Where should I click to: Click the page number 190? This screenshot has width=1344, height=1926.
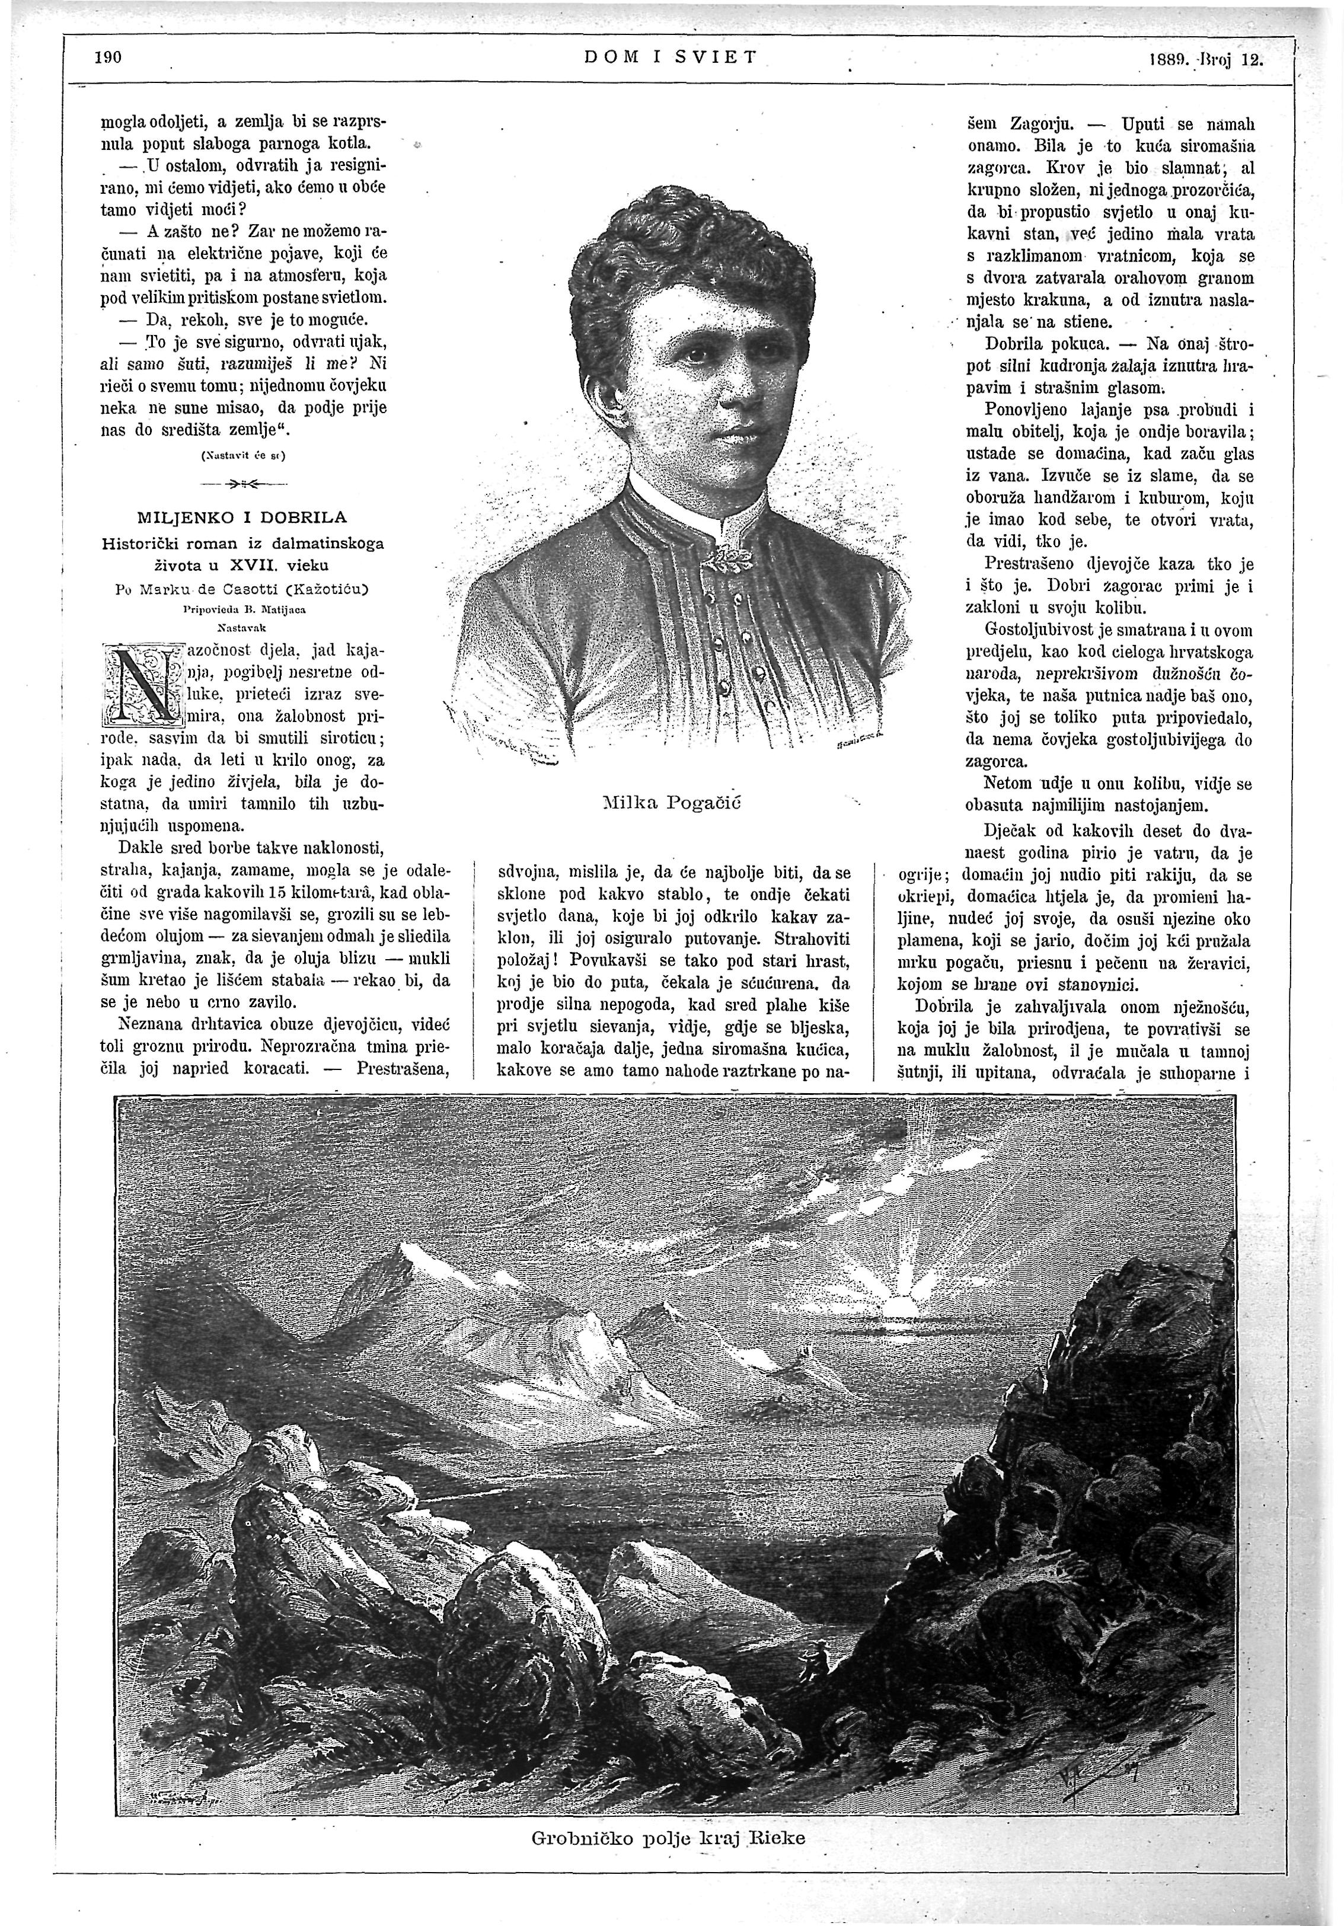(x=109, y=58)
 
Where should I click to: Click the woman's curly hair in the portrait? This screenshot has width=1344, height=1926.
(x=688, y=252)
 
